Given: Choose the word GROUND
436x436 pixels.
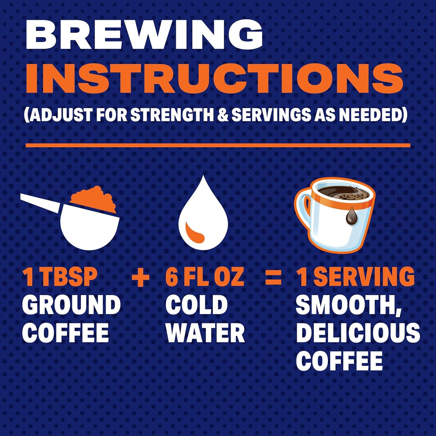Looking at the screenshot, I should pos(71,305).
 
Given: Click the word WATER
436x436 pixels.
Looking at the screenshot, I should pos(205,333).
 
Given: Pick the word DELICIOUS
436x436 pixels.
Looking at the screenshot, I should pos(358,333).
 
